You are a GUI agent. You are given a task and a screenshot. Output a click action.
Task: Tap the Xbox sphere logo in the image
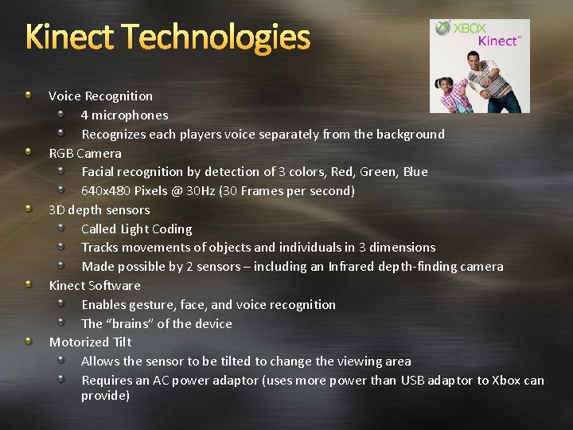(x=442, y=29)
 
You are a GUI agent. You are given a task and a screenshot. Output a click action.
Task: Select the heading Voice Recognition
(x=100, y=96)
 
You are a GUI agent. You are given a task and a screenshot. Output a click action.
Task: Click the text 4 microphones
(x=124, y=115)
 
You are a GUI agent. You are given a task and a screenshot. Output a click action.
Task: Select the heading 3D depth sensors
(x=99, y=209)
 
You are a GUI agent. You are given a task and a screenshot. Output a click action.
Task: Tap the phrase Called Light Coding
(x=136, y=229)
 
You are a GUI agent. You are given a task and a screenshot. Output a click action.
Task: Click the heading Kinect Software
(x=95, y=285)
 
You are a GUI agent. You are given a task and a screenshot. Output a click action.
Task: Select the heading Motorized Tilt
(x=90, y=342)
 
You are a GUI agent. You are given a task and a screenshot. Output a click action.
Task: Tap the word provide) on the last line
(x=105, y=396)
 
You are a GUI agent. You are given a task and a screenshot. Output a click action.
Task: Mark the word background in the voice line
(x=412, y=134)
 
